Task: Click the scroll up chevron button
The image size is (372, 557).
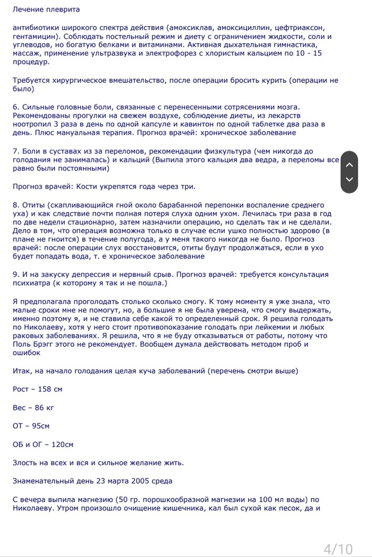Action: (349, 165)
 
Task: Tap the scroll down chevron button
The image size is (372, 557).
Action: (349, 179)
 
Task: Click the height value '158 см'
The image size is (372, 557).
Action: (48, 389)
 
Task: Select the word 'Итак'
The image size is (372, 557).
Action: (22, 371)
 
